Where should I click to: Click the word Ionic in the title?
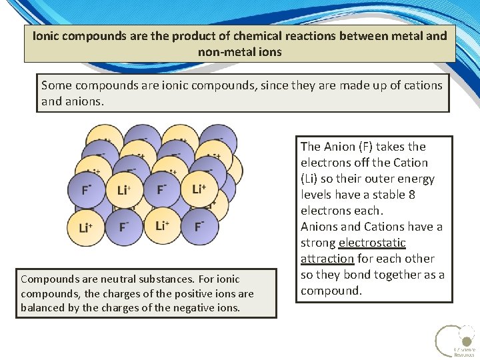tap(47, 36)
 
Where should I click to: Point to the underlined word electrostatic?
tap(372, 243)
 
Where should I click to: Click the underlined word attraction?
tap(327, 259)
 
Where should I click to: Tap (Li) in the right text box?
tap(311, 179)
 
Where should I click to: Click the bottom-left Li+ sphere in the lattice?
tap(86, 227)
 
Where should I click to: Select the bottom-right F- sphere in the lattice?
tap(199, 227)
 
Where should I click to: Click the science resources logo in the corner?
tap(455, 340)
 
